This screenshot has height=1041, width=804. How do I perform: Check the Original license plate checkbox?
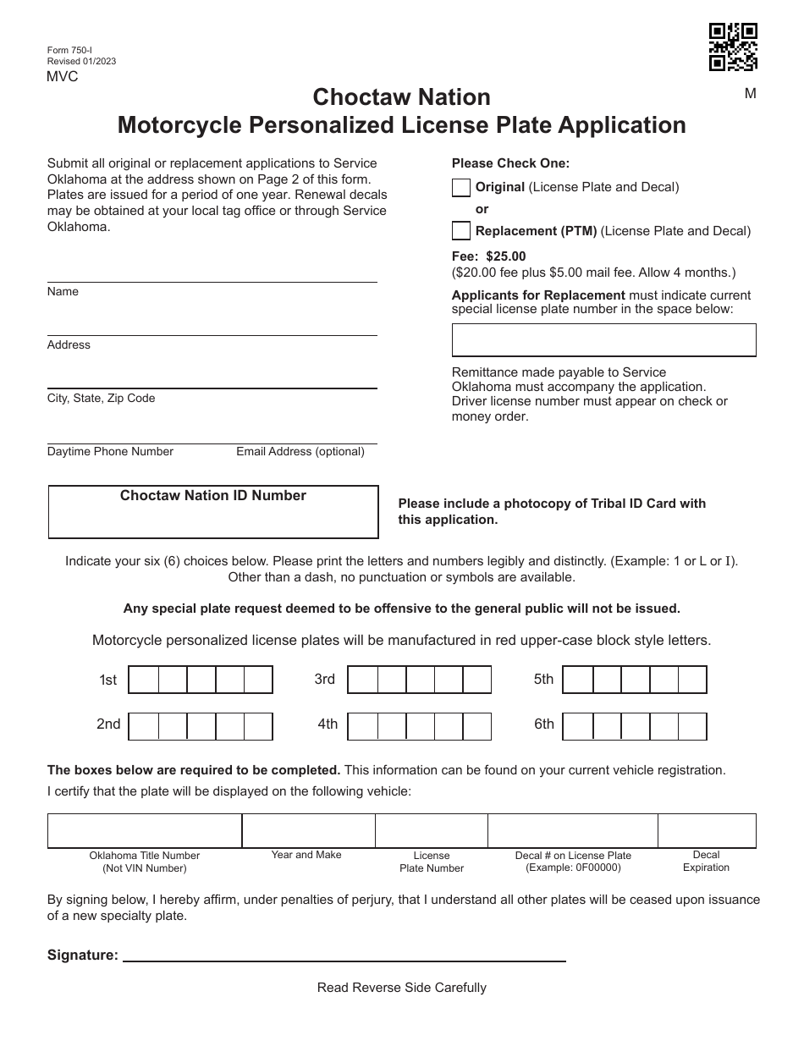(x=461, y=187)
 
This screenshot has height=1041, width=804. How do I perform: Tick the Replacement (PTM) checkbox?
(x=461, y=230)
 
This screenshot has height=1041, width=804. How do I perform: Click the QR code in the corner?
(x=733, y=47)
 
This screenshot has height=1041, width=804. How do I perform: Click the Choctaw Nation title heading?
(x=401, y=96)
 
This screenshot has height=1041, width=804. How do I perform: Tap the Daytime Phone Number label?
(x=110, y=451)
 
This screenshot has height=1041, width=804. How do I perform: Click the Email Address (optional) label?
(x=300, y=451)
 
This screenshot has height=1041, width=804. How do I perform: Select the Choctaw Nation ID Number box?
(x=213, y=512)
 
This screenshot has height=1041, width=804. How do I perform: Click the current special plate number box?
(x=603, y=340)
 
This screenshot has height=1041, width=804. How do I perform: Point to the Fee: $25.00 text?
(x=488, y=256)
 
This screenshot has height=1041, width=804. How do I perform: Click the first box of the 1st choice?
(x=144, y=680)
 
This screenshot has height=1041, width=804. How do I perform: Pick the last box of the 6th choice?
(x=692, y=726)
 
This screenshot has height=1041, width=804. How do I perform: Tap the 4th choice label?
(x=328, y=724)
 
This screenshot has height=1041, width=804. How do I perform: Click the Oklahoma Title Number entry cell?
(x=145, y=830)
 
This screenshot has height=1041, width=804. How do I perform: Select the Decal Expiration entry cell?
(x=707, y=830)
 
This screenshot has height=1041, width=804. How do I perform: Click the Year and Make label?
(x=306, y=855)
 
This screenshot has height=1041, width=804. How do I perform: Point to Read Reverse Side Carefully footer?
(x=402, y=987)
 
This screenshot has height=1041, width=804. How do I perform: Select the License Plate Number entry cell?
(x=432, y=830)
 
